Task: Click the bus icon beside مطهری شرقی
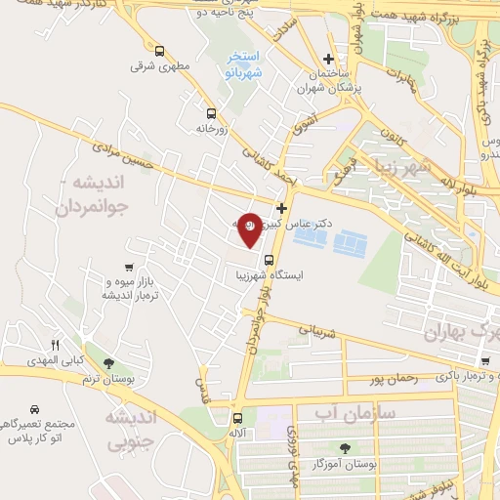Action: coord(159,50)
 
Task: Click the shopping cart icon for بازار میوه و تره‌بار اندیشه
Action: coord(129,267)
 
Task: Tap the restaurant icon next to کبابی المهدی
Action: coord(55,346)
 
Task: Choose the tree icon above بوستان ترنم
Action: coord(121,362)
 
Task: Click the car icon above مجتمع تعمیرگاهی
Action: coord(35,410)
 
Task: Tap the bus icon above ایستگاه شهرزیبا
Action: coord(268,259)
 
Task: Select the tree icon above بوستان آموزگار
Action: coord(344,448)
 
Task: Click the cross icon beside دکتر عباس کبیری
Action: coord(282,208)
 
